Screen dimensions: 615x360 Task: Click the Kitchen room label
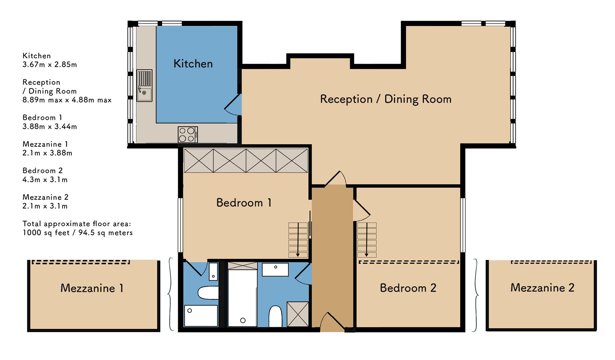tap(193, 63)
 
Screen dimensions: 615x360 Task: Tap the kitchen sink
tap(144, 85)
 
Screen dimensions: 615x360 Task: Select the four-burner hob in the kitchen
tap(188, 135)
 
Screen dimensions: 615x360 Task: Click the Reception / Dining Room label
tap(386, 99)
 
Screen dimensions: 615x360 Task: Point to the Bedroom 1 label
tap(244, 202)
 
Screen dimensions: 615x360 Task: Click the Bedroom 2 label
tap(408, 288)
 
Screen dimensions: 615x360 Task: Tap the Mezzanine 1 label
tap(92, 288)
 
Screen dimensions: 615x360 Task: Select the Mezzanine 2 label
tap(542, 287)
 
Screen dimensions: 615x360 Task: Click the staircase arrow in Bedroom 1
tap(298, 240)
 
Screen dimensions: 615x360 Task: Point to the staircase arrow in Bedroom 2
tap(367, 240)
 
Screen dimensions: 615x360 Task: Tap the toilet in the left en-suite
tap(208, 293)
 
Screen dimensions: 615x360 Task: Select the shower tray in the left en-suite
tap(201, 316)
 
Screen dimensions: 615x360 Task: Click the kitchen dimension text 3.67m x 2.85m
tap(50, 64)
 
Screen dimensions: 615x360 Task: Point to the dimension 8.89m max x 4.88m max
tap(67, 100)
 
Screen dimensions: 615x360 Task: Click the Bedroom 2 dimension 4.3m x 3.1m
tap(45, 179)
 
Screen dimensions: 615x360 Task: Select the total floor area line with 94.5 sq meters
tap(78, 232)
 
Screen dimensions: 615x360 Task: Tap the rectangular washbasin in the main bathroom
tap(275, 269)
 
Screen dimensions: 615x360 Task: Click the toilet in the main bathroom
tap(275, 316)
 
